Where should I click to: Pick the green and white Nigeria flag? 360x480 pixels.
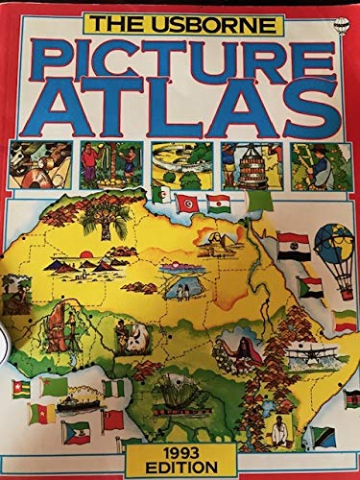pos(114,390)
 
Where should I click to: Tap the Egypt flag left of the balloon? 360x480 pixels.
pos(293,245)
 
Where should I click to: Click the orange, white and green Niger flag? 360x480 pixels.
pos(218,204)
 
